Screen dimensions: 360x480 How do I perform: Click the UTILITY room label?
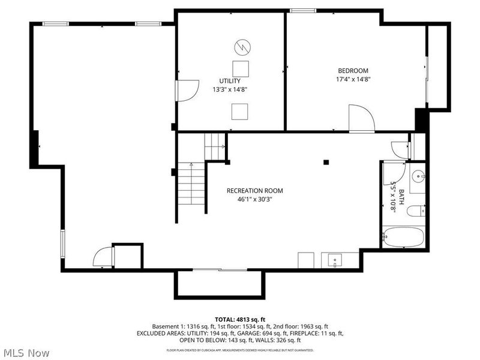coord(230,81)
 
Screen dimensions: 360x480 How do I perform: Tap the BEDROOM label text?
coord(352,71)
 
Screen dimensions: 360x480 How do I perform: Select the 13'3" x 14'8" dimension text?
coord(230,89)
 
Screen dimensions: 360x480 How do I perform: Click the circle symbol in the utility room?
coord(241,46)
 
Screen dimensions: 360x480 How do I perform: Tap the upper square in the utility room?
coord(241,67)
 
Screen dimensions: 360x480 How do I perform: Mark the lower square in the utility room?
coord(240,111)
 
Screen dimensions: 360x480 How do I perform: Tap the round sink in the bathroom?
coord(418,176)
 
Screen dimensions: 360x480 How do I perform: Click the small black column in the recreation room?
coord(326,161)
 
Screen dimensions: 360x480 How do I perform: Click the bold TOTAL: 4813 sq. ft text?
coord(240,319)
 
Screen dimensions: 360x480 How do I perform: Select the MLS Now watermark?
coord(26,353)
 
